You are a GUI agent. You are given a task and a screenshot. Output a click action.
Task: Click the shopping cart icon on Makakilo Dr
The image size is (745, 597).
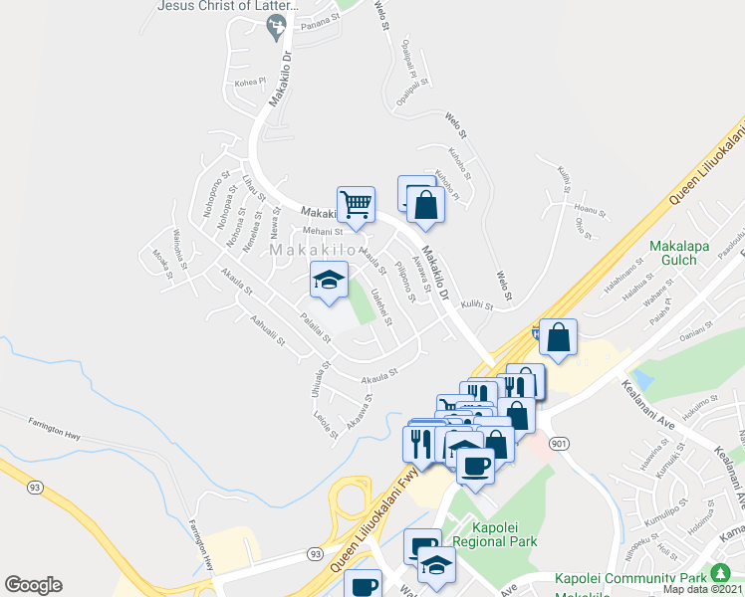356,204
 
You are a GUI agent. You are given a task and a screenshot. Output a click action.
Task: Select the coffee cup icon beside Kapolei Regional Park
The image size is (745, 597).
475,464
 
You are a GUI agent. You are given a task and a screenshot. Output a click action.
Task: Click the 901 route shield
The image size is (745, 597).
561,443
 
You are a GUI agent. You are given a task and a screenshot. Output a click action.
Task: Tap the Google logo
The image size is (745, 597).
33,585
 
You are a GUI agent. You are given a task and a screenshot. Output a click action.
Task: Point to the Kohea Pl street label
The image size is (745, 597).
250,81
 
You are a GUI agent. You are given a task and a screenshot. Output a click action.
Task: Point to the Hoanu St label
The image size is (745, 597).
591,208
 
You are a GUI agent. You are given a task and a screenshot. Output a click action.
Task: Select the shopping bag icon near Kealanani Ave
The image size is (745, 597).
559,337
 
